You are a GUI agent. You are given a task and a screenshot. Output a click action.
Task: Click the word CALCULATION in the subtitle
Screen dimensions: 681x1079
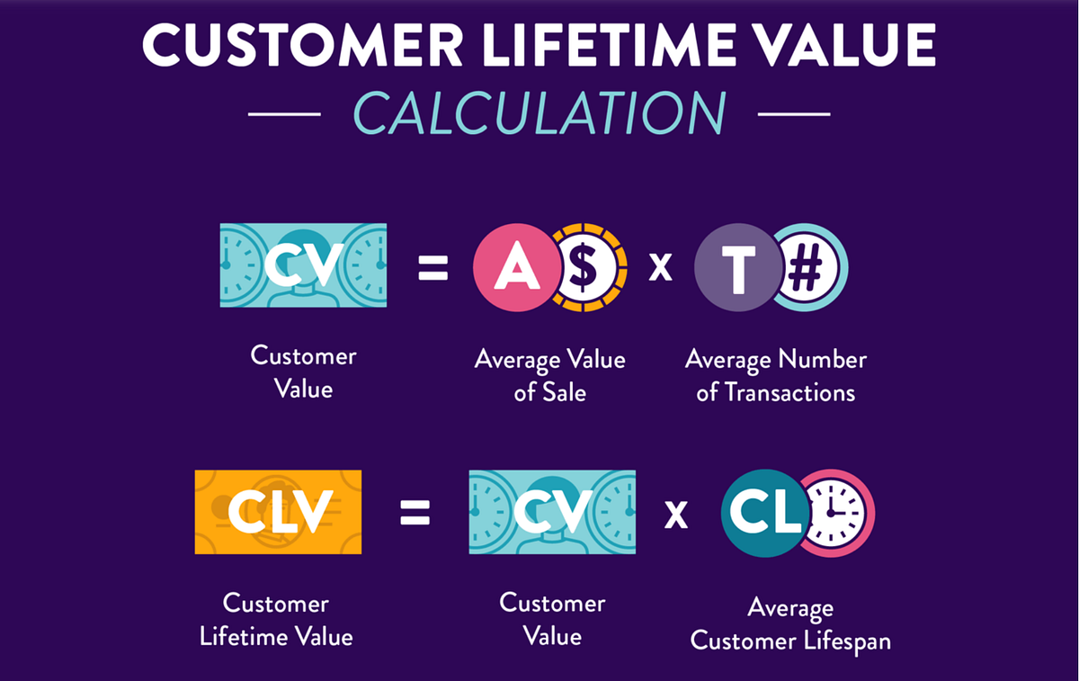pyautogui.click(x=539, y=114)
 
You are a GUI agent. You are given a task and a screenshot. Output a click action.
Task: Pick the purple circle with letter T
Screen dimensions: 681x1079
pyautogui.click(x=736, y=266)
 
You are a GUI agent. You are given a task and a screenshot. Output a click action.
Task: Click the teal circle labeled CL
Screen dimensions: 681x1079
pyautogui.click(x=763, y=512)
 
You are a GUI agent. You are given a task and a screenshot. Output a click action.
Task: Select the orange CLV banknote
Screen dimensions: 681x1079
pyautogui.click(x=278, y=512)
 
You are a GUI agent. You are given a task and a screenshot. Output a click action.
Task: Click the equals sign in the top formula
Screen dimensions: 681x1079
pyautogui.click(x=432, y=268)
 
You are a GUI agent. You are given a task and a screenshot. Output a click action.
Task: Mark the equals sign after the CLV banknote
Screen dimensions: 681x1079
pyautogui.click(x=415, y=514)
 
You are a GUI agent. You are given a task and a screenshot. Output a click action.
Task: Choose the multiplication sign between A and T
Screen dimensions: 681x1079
pyautogui.click(x=661, y=268)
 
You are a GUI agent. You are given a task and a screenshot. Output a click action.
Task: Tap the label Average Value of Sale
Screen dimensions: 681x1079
pyautogui.click(x=549, y=375)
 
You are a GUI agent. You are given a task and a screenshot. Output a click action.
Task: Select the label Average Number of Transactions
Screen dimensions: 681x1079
pyautogui.click(x=775, y=375)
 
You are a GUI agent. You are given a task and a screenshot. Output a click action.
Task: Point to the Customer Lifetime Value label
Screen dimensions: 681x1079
pyautogui.click(x=276, y=620)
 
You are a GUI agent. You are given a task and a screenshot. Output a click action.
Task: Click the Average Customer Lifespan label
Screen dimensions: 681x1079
pyautogui.click(x=789, y=624)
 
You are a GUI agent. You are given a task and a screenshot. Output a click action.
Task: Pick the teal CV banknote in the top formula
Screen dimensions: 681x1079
pyautogui.click(x=303, y=265)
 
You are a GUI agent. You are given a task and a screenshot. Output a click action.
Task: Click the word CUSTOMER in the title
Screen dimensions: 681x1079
pyautogui.click(x=301, y=45)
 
